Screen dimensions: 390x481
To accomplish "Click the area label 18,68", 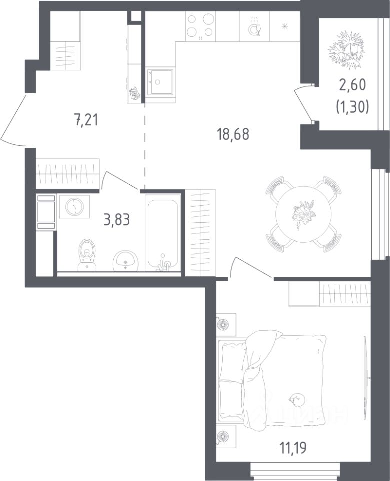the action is click(x=233, y=134).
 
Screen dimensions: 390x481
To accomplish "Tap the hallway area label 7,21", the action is click(x=87, y=119).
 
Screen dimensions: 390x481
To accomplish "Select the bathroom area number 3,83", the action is click(x=117, y=219).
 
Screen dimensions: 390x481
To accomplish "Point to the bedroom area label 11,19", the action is click(x=293, y=448).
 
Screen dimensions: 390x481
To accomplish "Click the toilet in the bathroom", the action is click(x=87, y=255).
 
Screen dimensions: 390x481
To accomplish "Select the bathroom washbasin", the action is click(x=126, y=261).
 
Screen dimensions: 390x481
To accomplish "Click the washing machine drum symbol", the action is click(x=74, y=207).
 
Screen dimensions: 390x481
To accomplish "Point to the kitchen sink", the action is click(x=159, y=82).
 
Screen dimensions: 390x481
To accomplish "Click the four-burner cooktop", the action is click(x=200, y=26).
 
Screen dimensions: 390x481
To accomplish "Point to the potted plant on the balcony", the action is click(x=347, y=50).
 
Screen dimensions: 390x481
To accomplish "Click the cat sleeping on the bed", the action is click(x=296, y=399).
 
